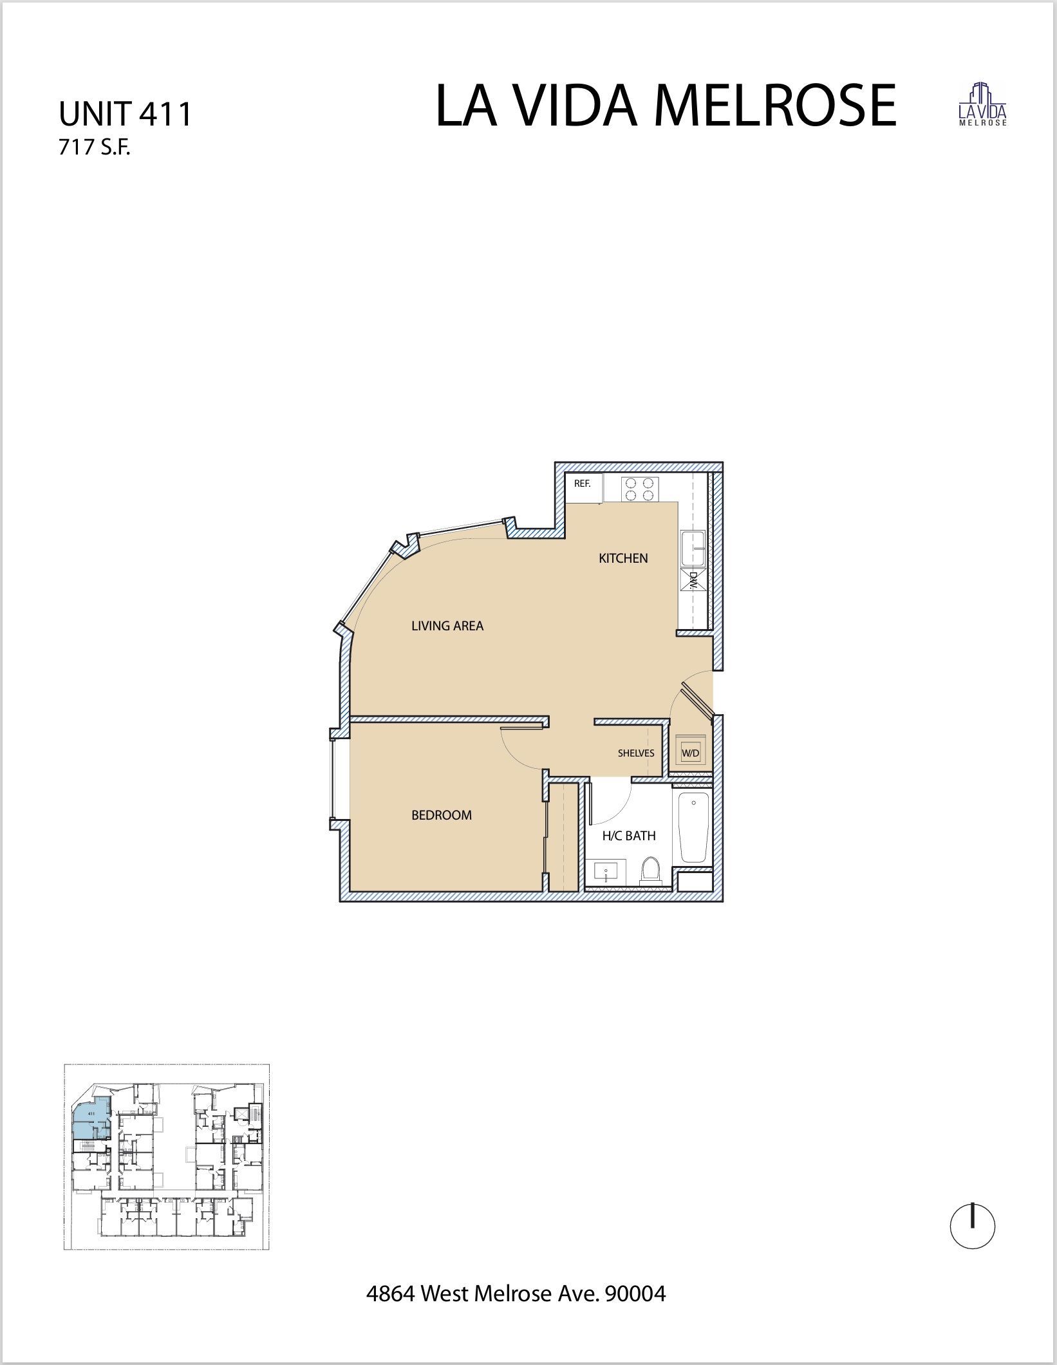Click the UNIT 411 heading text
click(x=125, y=114)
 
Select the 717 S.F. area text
click(x=95, y=148)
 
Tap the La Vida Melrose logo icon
click(x=982, y=104)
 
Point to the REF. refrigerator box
click(x=583, y=487)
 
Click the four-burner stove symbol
click(x=640, y=488)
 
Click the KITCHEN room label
click(x=623, y=558)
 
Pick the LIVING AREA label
click(x=447, y=626)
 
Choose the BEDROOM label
click(x=442, y=815)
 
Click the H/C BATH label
click(x=628, y=836)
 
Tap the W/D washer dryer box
click(x=690, y=753)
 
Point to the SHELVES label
click(x=636, y=753)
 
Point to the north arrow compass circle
click(x=972, y=1227)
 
